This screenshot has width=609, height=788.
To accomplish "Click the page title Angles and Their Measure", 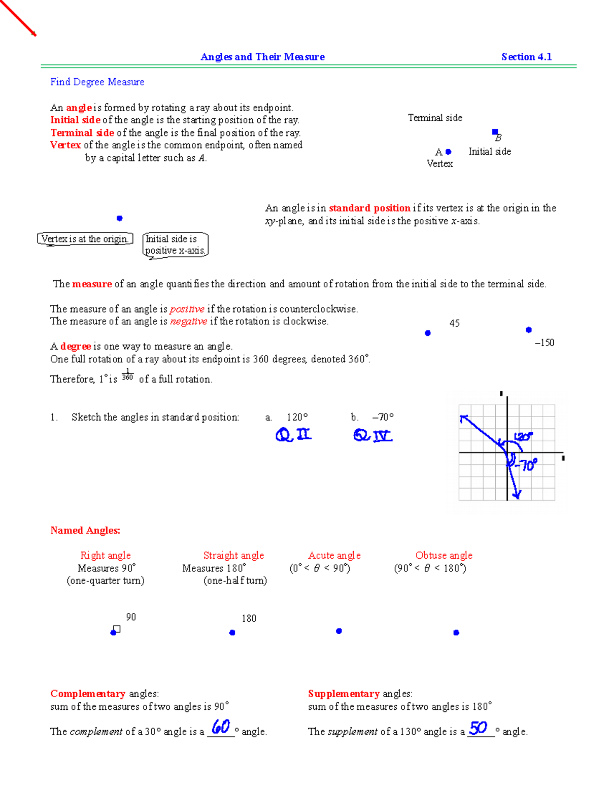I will pyautogui.click(x=262, y=57).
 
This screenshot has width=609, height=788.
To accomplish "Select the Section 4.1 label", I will pyautogui.click(x=526, y=57).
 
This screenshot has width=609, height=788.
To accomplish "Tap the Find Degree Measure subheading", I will pyautogui.click(x=97, y=82).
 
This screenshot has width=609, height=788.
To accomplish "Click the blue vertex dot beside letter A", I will pyautogui.click(x=448, y=152).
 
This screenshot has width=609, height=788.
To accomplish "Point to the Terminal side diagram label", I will pyautogui.click(x=435, y=118).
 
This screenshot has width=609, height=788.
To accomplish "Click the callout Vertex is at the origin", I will pyautogui.click(x=85, y=238).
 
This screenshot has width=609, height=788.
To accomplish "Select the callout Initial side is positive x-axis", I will pyautogui.click(x=175, y=245).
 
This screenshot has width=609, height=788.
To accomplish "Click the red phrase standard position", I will pyautogui.click(x=369, y=208).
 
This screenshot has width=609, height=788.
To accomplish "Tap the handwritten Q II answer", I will pyautogui.click(x=293, y=434).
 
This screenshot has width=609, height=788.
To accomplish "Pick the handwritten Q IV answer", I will pyautogui.click(x=373, y=435).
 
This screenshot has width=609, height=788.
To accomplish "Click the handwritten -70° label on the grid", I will pyautogui.click(x=526, y=465).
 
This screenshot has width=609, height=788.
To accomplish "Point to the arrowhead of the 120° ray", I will pyautogui.click(x=463, y=418).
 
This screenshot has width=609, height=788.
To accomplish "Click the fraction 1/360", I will pyautogui.click(x=127, y=375).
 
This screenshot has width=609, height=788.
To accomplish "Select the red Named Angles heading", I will pyautogui.click(x=85, y=530).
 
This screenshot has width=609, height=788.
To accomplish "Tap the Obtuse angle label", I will pyautogui.click(x=444, y=555).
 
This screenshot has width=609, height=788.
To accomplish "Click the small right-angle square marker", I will pyautogui.click(x=117, y=629).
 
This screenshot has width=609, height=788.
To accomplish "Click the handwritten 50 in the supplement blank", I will pyautogui.click(x=478, y=728).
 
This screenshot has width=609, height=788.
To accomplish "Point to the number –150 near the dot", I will pyautogui.click(x=544, y=342).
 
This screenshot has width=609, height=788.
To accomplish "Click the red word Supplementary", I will pyautogui.click(x=344, y=694).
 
